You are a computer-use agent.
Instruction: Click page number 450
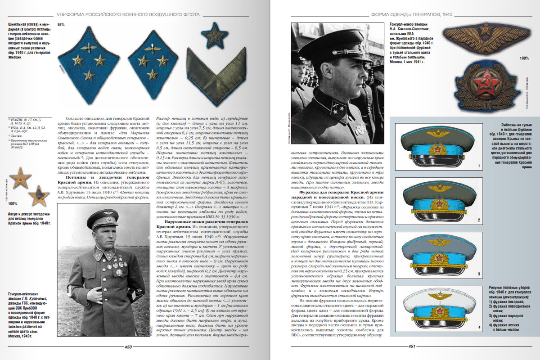[128, 346]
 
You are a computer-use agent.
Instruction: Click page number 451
[411, 346]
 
